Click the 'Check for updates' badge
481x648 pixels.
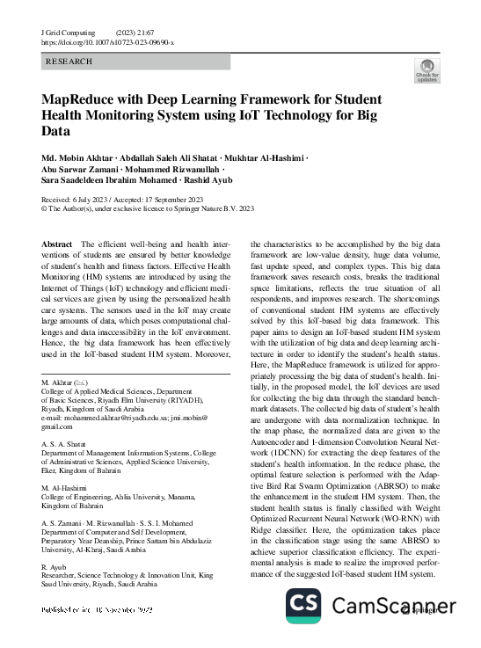pyautogui.click(x=426, y=70)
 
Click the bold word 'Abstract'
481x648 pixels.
pyautogui.click(x=58, y=243)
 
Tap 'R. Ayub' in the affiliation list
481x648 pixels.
pyautogui.click(x=55, y=569)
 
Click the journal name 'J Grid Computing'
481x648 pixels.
pyautogui.click(x=71, y=32)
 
